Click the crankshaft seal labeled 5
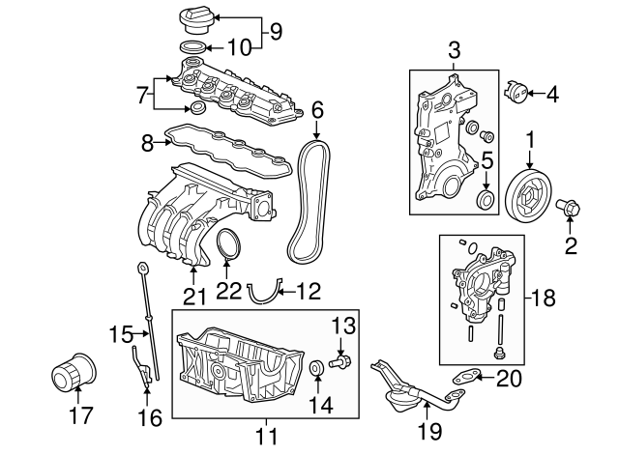487,201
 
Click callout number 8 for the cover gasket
148,142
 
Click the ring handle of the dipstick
142,267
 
